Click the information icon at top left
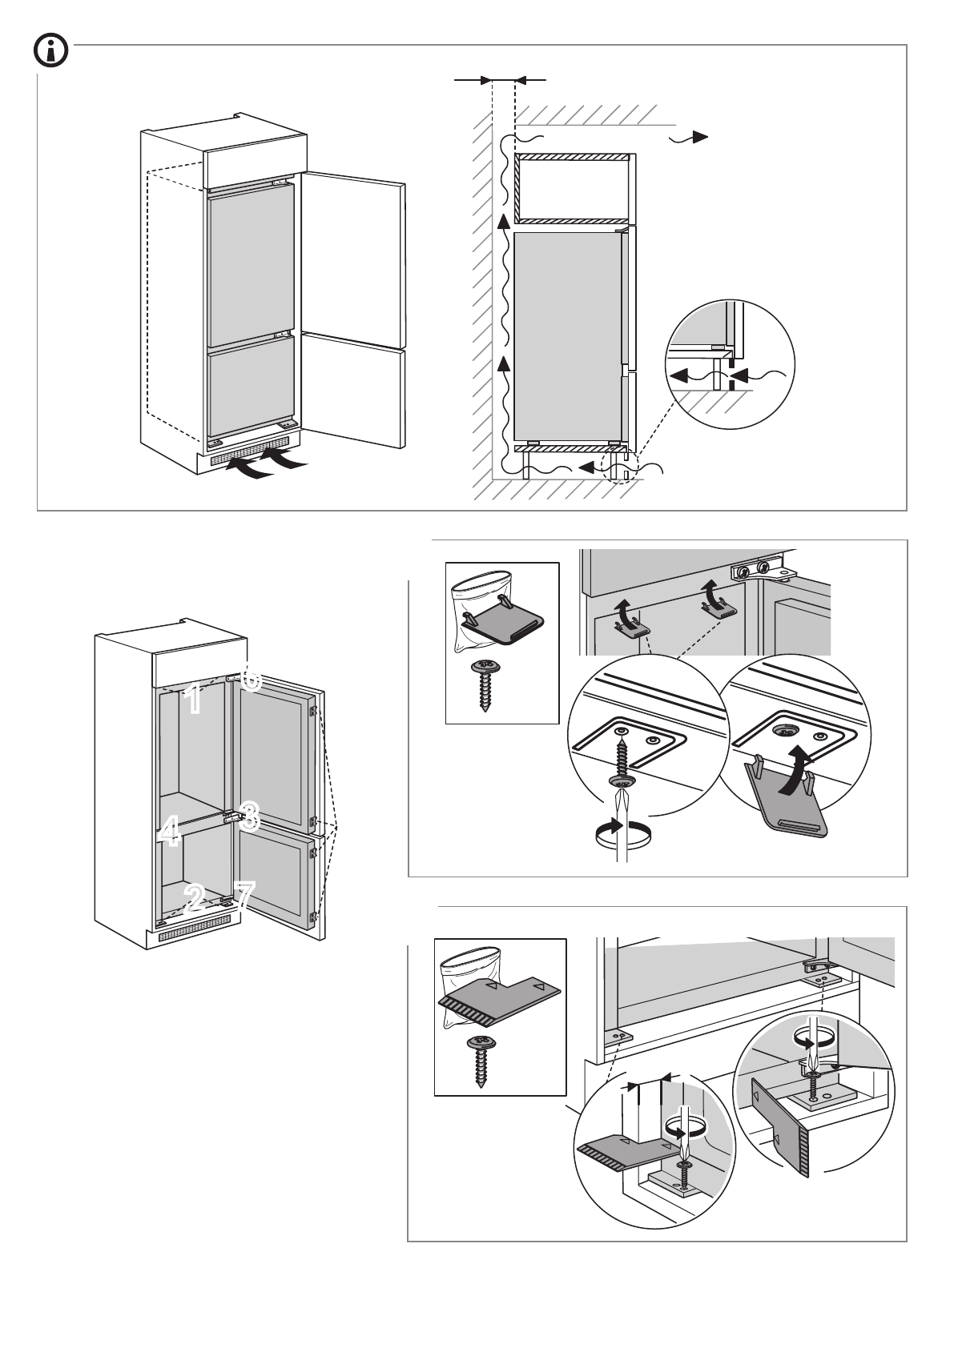coord(50,52)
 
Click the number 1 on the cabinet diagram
coord(192,700)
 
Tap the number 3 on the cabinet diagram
coord(249,816)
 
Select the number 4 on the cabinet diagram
coord(169,832)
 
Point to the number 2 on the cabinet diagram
coord(193,898)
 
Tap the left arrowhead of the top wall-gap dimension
coord(485,80)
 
